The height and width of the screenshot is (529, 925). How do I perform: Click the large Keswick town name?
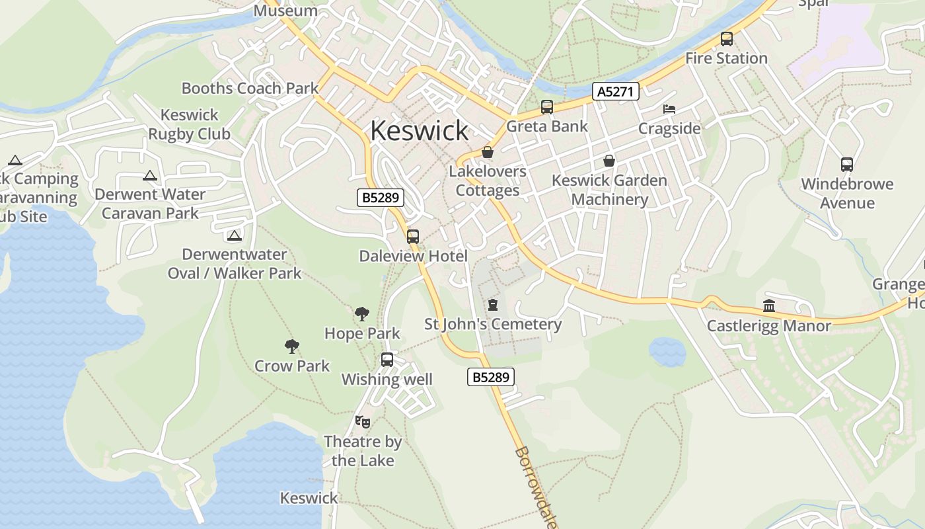419,130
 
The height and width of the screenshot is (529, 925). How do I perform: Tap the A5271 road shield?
615,91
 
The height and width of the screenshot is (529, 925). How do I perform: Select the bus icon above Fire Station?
727,39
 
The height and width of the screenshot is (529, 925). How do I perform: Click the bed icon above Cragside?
669,108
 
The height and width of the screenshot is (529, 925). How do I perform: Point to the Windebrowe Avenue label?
847,193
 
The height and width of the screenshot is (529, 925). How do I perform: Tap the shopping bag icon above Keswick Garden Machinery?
609,161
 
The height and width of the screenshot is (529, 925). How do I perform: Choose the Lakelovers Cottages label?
488,181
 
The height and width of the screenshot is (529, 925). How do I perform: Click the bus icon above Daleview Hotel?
413,236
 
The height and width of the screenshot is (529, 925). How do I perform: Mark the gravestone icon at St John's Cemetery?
492,305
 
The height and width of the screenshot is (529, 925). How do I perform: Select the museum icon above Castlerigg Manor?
769,305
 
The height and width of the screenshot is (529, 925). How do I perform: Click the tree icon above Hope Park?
361,314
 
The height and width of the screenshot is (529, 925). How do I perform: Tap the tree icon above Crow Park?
291,346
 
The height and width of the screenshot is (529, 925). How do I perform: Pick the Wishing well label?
387,379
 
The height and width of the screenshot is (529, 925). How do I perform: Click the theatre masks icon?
362,421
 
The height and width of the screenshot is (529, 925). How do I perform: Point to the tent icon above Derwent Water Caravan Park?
150,175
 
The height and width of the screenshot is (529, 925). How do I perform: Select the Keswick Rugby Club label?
189,124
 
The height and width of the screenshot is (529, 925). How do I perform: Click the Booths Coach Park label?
250,88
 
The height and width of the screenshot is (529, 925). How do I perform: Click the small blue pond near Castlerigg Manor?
667,351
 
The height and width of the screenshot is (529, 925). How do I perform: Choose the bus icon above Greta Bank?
547,106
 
